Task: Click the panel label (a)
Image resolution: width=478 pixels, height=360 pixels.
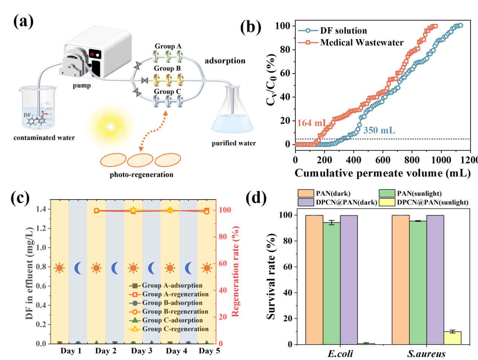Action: (23, 21)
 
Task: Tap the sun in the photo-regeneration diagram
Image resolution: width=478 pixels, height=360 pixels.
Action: (110, 127)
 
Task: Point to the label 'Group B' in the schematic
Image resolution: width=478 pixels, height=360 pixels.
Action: (167, 68)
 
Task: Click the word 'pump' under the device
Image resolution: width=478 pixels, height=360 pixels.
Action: (82, 85)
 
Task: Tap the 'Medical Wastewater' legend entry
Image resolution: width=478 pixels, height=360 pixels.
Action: (362, 43)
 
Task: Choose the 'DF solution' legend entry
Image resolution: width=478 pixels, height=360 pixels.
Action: (343, 31)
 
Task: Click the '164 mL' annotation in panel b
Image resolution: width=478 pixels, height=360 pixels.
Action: (312, 123)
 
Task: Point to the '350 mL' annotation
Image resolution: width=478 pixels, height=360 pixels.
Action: (379, 130)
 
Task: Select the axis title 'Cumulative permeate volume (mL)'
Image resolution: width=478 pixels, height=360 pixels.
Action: (382, 173)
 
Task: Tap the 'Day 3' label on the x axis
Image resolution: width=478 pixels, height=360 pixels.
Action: (142, 351)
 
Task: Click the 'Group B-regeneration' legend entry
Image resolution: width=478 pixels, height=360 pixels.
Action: (175, 311)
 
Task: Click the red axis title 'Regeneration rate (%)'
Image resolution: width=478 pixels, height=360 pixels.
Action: (236, 271)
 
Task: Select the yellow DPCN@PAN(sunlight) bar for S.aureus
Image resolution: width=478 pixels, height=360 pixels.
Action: (452, 338)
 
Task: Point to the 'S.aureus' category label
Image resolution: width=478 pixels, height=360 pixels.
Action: (426, 354)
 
